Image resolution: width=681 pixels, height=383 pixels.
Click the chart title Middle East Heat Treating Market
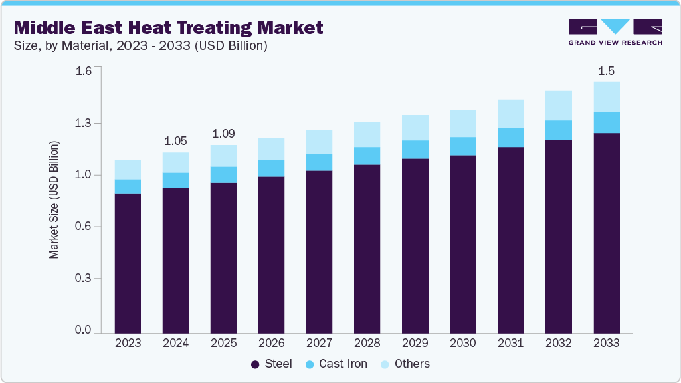click(x=168, y=27)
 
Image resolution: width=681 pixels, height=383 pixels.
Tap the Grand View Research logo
click(x=615, y=31)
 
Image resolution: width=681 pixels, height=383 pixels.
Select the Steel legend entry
click(x=272, y=364)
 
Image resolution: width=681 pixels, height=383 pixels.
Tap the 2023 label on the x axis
click(x=128, y=343)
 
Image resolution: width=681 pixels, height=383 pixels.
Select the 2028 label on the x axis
click(x=367, y=343)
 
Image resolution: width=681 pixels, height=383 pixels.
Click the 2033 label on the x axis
click(x=606, y=343)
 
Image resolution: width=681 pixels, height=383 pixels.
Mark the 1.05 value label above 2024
click(x=175, y=141)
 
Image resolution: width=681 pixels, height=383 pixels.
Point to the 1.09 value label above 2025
click(x=223, y=134)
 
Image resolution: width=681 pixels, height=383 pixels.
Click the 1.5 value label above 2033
click(x=606, y=70)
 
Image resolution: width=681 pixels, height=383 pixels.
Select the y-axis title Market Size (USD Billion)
click(x=54, y=199)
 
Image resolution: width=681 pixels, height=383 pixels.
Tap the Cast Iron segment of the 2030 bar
click(x=462, y=146)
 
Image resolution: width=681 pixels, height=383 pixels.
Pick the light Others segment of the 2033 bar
click(x=606, y=97)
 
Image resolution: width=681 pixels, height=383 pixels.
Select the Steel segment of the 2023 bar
click(x=128, y=263)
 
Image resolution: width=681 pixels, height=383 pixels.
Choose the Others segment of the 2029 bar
click(x=415, y=128)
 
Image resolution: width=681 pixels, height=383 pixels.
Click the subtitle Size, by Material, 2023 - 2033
click(x=141, y=46)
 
